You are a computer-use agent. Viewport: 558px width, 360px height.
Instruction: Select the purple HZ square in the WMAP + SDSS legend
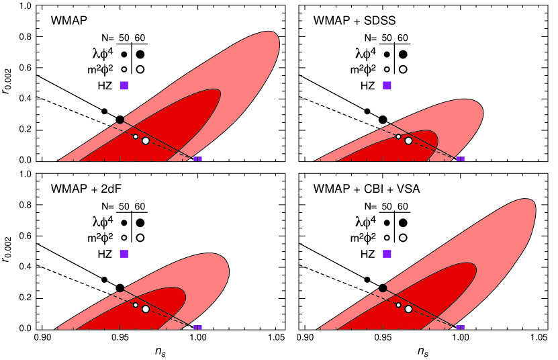click(x=387, y=85)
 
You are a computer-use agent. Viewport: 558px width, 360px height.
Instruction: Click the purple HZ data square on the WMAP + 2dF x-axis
click(x=197, y=328)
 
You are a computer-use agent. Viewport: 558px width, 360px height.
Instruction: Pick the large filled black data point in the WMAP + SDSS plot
click(x=383, y=120)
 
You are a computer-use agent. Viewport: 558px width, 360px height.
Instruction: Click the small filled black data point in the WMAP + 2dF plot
click(x=104, y=279)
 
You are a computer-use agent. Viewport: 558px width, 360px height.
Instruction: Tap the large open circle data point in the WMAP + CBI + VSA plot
click(x=408, y=309)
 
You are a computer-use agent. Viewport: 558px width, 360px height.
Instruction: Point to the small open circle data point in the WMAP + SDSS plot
click(x=398, y=136)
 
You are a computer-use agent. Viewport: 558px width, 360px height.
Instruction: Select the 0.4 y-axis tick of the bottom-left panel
click(x=26, y=267)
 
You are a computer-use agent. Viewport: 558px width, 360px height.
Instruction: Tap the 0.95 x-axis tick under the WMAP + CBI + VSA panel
click(x=383, y=339)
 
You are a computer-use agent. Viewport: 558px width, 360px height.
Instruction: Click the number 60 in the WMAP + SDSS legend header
click(x=403, y=38)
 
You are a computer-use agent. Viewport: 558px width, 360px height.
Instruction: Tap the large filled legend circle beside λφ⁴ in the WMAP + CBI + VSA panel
click(x=403, y=222)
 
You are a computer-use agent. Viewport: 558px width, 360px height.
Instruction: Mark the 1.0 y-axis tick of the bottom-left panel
click(x=26, y=174)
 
